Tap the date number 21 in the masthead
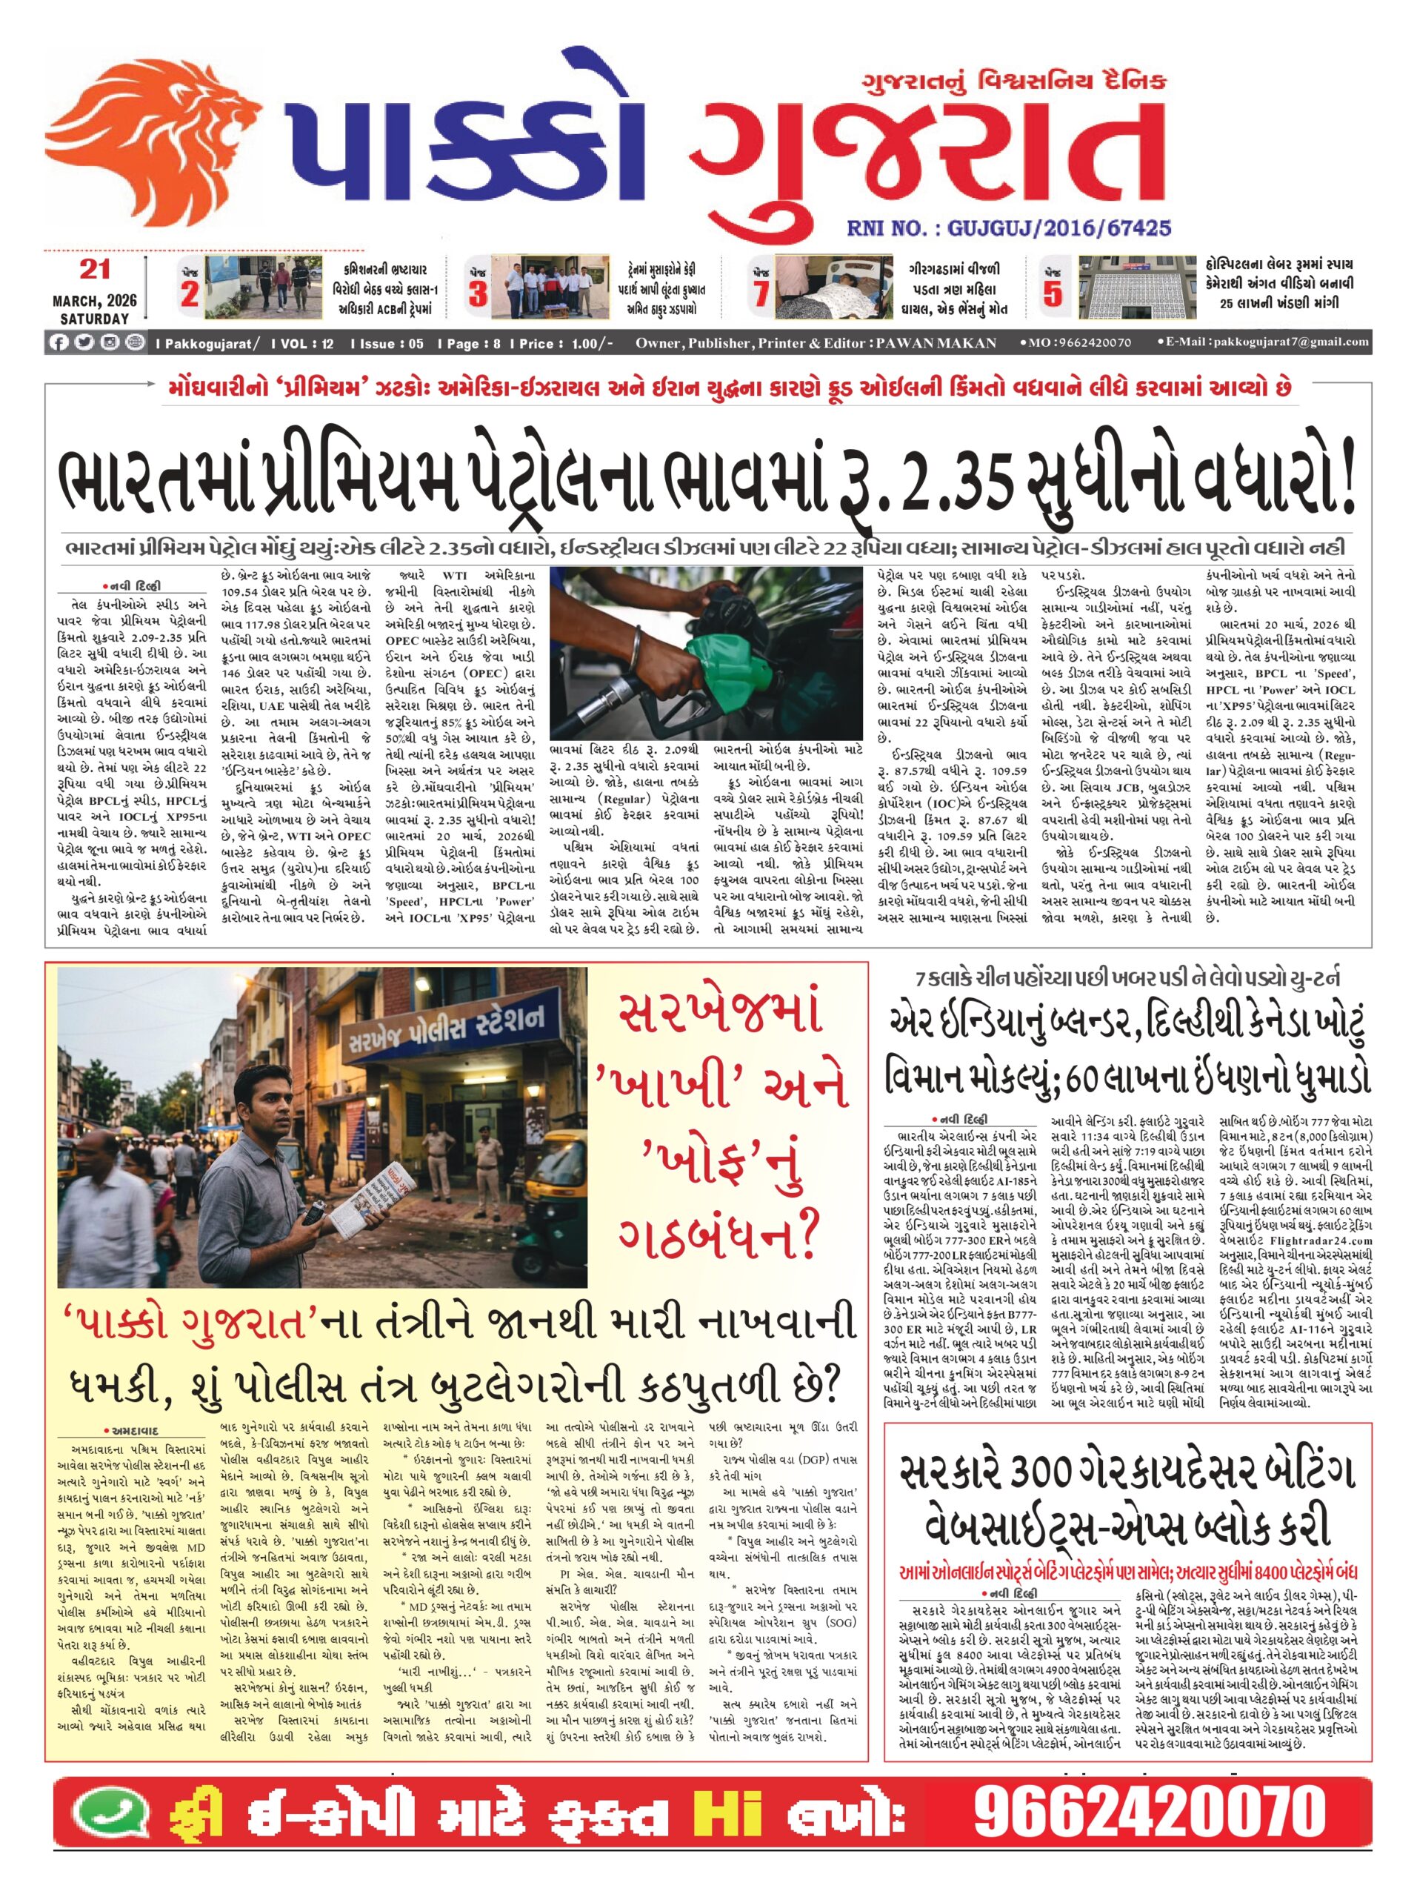[x=95, y=270]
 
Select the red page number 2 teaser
[x=190, y=293]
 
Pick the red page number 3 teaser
[x=478, y=293]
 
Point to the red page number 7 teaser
[x=761, y=293]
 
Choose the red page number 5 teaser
[x=1052, y=293]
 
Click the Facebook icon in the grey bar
[x=59, y=343]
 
